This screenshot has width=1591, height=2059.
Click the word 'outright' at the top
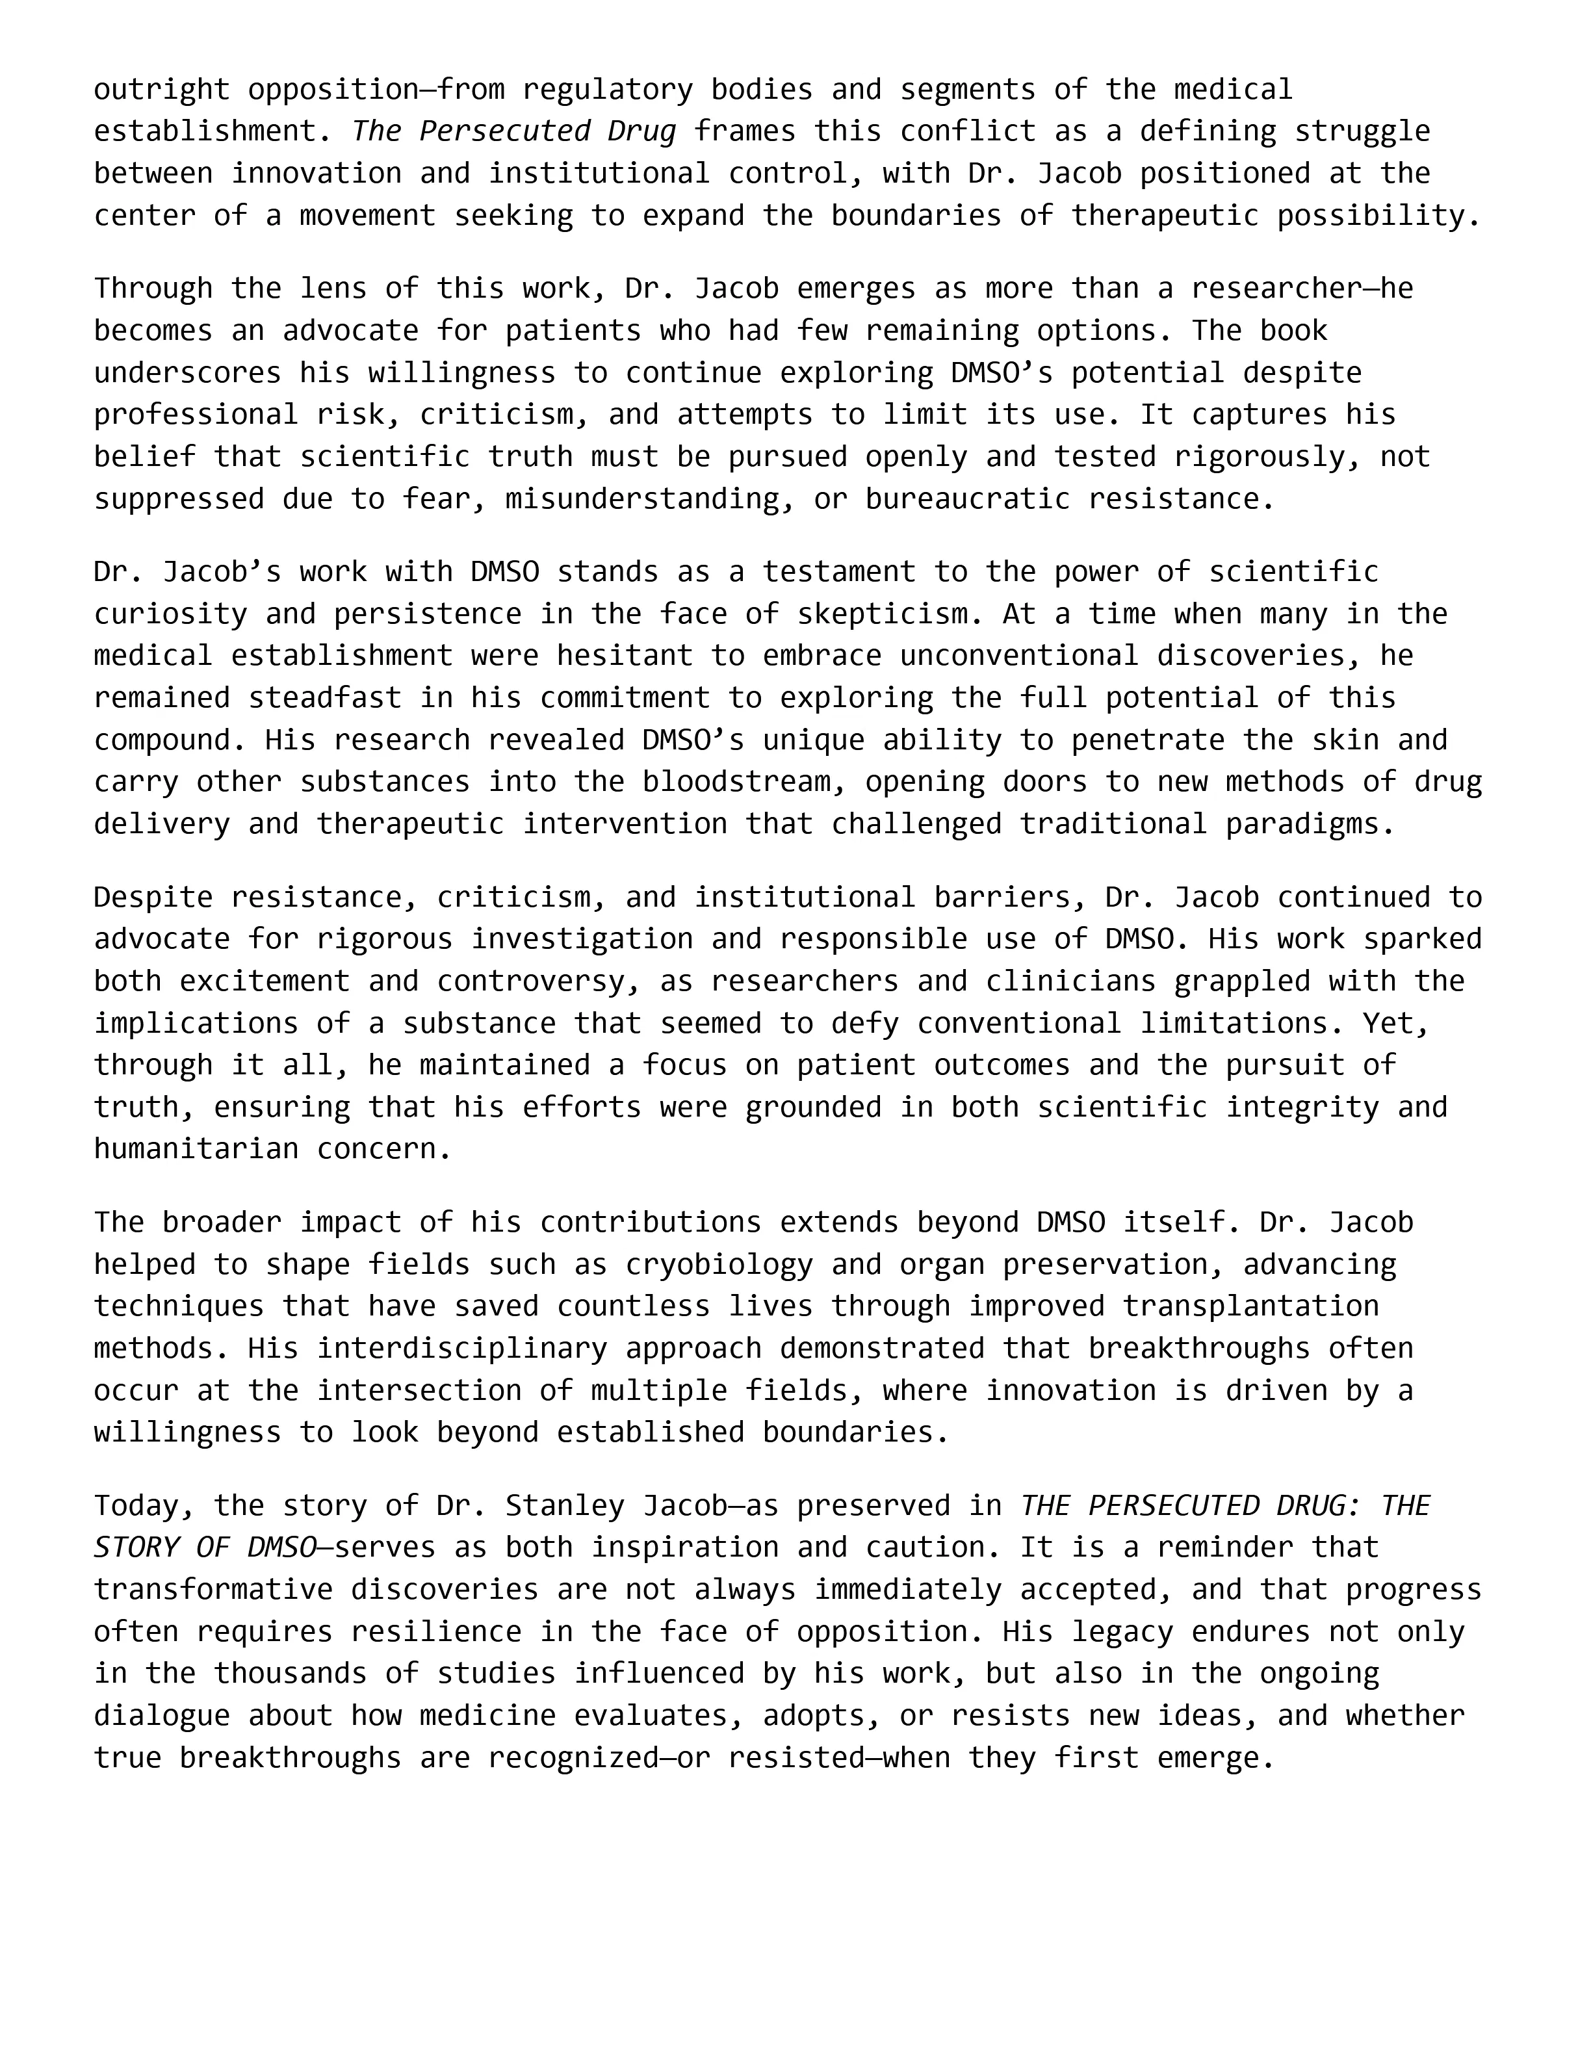point(161,90)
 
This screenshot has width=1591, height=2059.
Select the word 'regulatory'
point(607,90)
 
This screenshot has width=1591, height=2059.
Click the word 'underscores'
point(188,372)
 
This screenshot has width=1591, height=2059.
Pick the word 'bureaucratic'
point(968,499)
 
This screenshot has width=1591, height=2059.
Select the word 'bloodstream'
point(753,782)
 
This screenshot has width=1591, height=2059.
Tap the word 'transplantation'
point(1250,1306)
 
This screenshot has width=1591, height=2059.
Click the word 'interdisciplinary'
point(462,1348)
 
